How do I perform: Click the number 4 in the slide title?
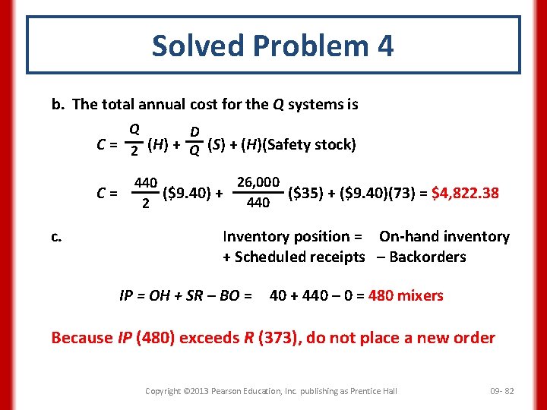pos(384,46)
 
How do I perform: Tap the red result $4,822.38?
pos(465,192)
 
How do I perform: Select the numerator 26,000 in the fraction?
pos(259,183)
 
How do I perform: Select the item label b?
pos(58,104)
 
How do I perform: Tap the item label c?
pos(56,237)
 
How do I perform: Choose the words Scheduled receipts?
pos(300,257)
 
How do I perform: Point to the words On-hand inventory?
pos(444,237)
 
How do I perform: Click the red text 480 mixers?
pos(406,295)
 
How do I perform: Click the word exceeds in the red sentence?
pos(208,337)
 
